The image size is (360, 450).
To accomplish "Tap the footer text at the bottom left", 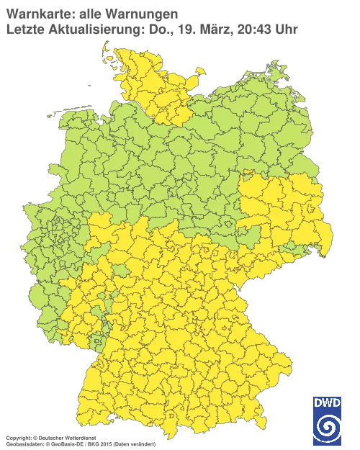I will [79, 438].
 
